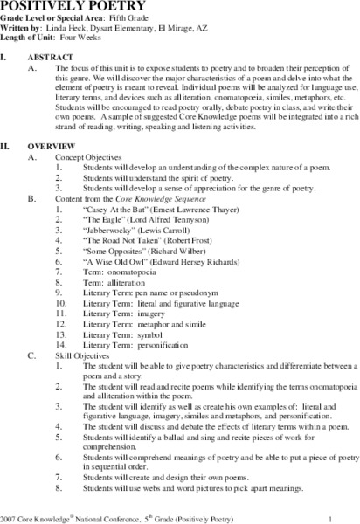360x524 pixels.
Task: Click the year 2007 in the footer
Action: click(10, 511)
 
